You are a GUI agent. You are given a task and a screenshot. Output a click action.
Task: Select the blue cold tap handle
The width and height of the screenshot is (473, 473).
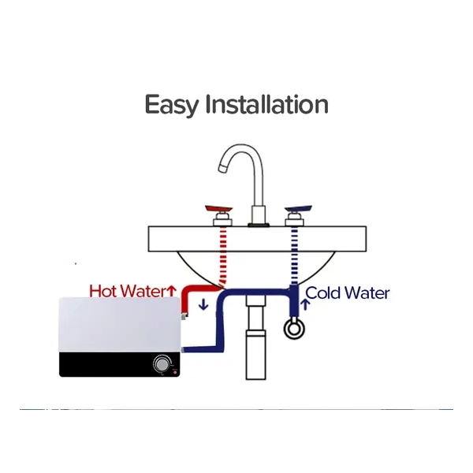297,210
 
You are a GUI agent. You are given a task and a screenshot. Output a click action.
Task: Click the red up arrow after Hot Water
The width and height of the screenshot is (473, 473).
171,291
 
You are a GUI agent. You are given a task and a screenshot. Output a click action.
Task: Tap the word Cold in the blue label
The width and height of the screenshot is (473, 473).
323,293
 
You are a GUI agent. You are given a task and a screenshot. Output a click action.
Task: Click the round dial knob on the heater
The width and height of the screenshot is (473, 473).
163,363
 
